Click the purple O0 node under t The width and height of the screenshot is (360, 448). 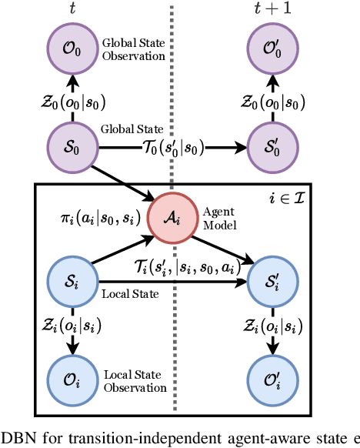pyautogui.click(x=71, y=45)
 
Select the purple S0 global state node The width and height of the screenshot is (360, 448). pyautogui.click(x=71, y=145)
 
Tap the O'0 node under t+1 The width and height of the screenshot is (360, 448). pyautogui.click(x=269, y=45)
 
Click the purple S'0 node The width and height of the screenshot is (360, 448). pyautogui.click(x=269, y=145)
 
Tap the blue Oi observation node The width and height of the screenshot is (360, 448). pyautogui.click(x=71, y=382)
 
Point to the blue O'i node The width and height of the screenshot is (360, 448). pyautogui.click(x=269, y=382)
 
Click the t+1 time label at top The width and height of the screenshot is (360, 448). pyautogui.click(x=269, y=9)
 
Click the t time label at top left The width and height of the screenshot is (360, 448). pyautogui.click(x=71, y=9)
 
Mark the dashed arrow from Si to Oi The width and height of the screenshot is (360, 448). pyautogui.click(x=71, y=332)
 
